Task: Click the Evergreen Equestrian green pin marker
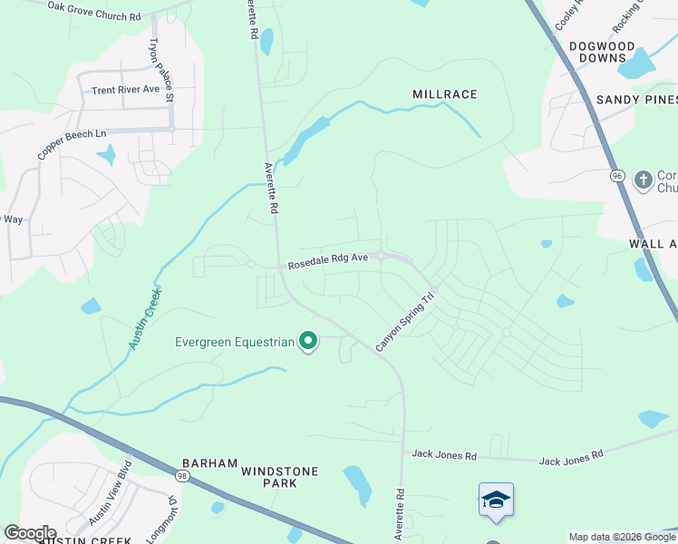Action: pos(308,342)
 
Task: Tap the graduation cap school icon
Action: pos(496,500)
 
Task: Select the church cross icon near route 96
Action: pos(644,179)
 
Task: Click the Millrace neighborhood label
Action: pos(444,94)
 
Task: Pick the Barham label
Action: pos(209,461)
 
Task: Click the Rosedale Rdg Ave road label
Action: pos(328,262)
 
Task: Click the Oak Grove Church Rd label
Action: pos(94,11)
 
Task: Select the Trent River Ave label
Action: pos(125,90)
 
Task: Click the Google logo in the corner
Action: pos(30,533)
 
